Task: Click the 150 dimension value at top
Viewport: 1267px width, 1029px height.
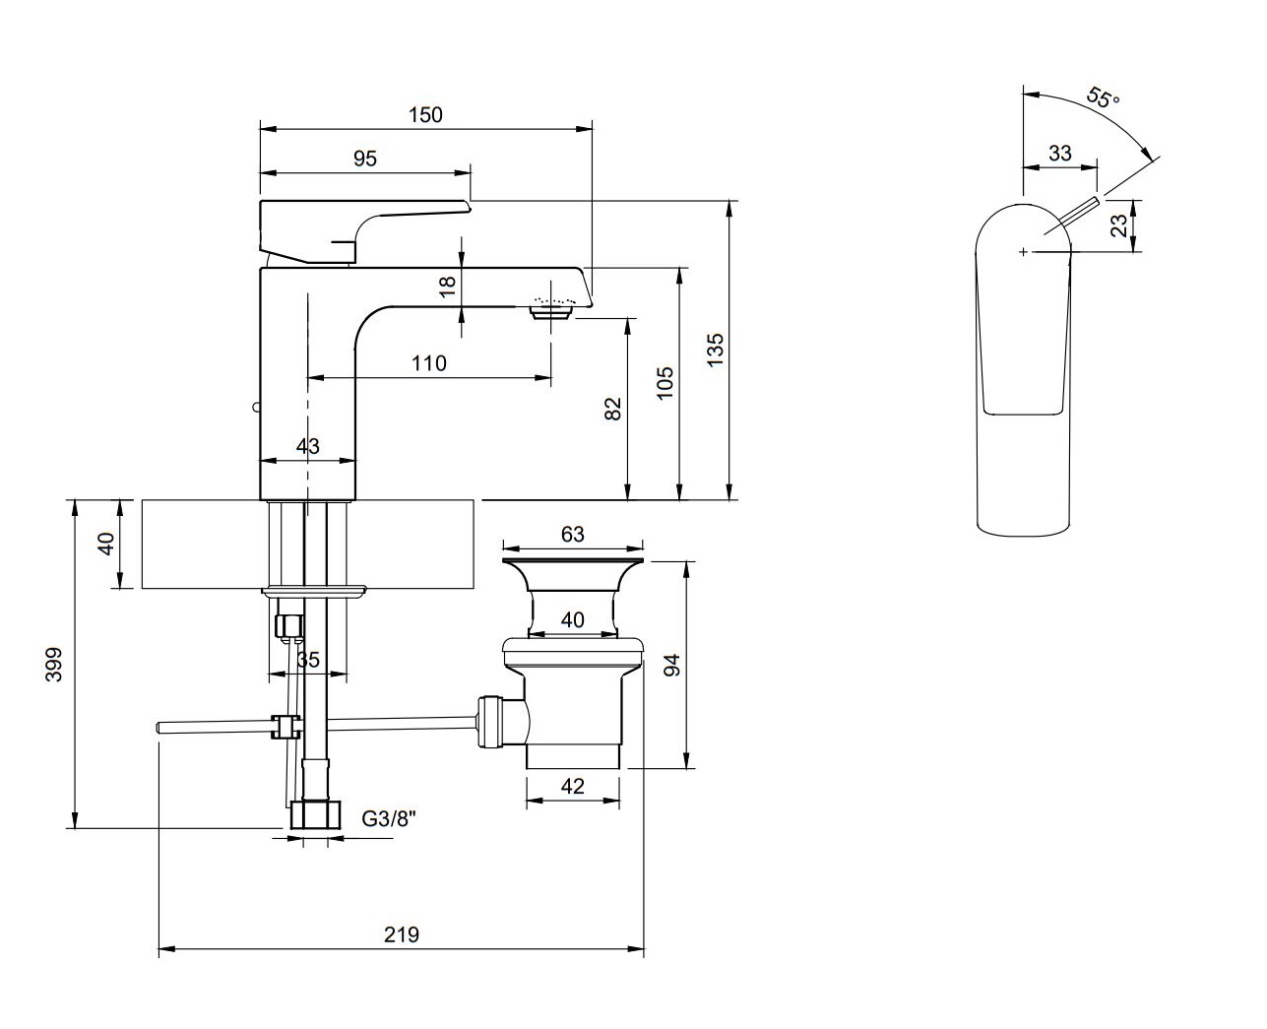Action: tap(425, 114)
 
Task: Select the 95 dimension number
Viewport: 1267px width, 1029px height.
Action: tap(365, 159)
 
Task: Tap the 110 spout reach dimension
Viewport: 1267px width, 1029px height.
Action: tap(428, 363)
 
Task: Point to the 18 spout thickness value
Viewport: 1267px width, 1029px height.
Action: tap(448, 287)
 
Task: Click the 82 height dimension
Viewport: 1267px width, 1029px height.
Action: tap(613, 409)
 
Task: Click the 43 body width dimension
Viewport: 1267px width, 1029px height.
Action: tap(308, 446)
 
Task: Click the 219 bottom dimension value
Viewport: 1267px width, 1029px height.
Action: tap(402, 934)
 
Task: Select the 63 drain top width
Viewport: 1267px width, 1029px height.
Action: tap(572, 535)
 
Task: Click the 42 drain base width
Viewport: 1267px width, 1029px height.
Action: tap(572, 786)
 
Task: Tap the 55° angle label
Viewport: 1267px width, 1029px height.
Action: tap(1104, 98)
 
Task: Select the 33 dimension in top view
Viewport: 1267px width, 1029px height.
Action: tap(1060, 153)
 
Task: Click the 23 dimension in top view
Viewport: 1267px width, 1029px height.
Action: tap(1118, 226)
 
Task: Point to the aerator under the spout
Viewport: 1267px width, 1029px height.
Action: tap(550, 312)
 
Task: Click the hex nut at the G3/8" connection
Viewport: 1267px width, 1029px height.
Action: tap(316, 814)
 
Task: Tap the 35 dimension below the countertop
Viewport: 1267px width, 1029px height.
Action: tap(308, 660)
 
